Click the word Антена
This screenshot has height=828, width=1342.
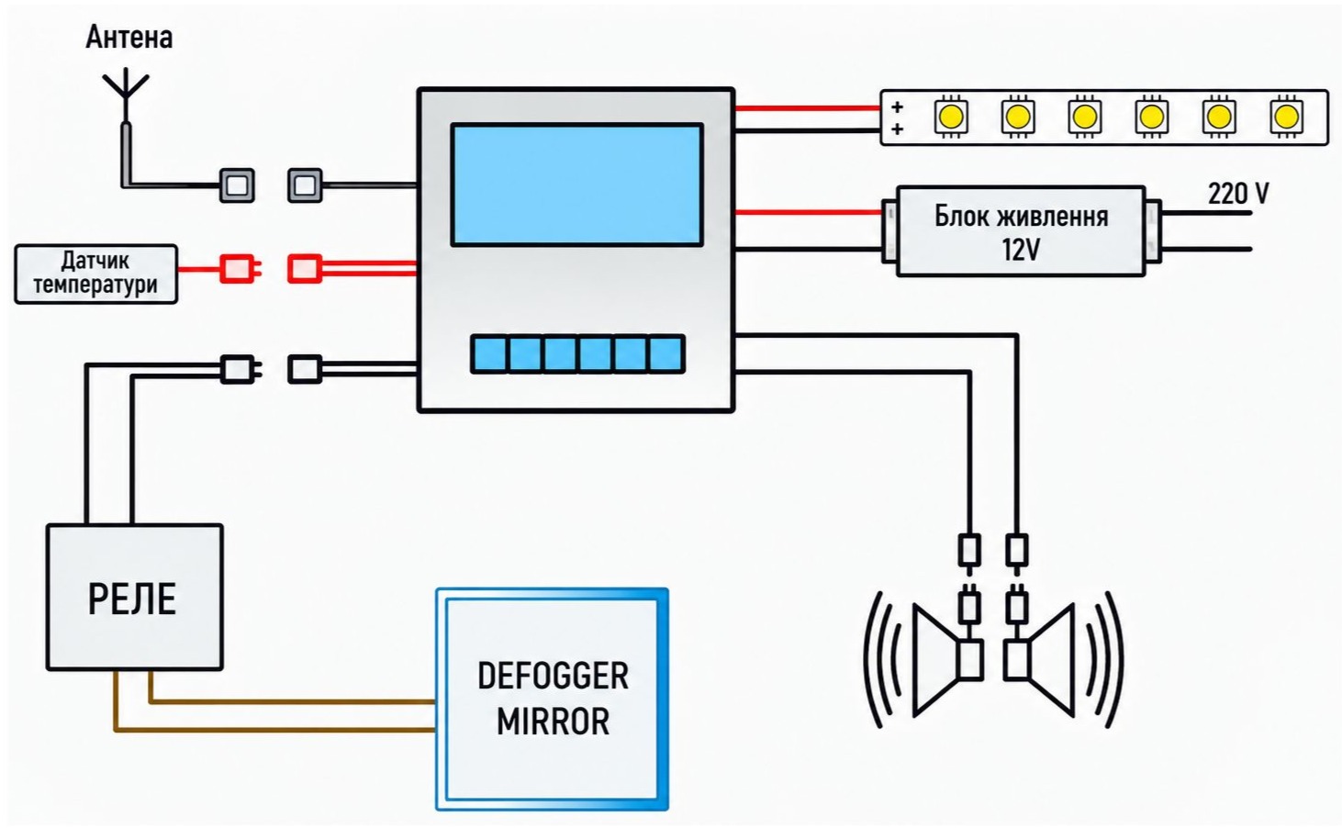(x=129, y=37)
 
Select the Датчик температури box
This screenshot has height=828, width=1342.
(x=95, y=274)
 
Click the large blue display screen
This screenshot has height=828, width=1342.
(x=577, y=185)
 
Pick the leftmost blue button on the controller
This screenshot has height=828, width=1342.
(x=489, y=354)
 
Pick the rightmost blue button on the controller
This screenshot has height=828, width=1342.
(x=666, y=354)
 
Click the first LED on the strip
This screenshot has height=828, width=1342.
(x=951, y=117)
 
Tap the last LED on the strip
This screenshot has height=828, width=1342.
(x=1286, y=117)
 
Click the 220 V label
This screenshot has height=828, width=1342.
(x=1238, y=194)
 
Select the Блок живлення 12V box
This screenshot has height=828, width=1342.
(x=1021, y=231)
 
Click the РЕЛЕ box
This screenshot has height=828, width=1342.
(x=135, y=597)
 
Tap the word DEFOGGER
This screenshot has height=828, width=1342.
(x=553, y=676)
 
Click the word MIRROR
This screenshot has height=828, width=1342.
(x=553, y=721)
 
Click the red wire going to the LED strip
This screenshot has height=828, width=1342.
(x=808, y=108)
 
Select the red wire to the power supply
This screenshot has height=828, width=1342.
(x=809, y=212)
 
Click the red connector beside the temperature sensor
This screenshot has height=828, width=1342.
(x=239, y=268)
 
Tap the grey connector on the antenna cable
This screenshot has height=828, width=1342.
(x=237, y=185)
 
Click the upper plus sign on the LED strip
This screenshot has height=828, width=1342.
(x=897, y=106)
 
